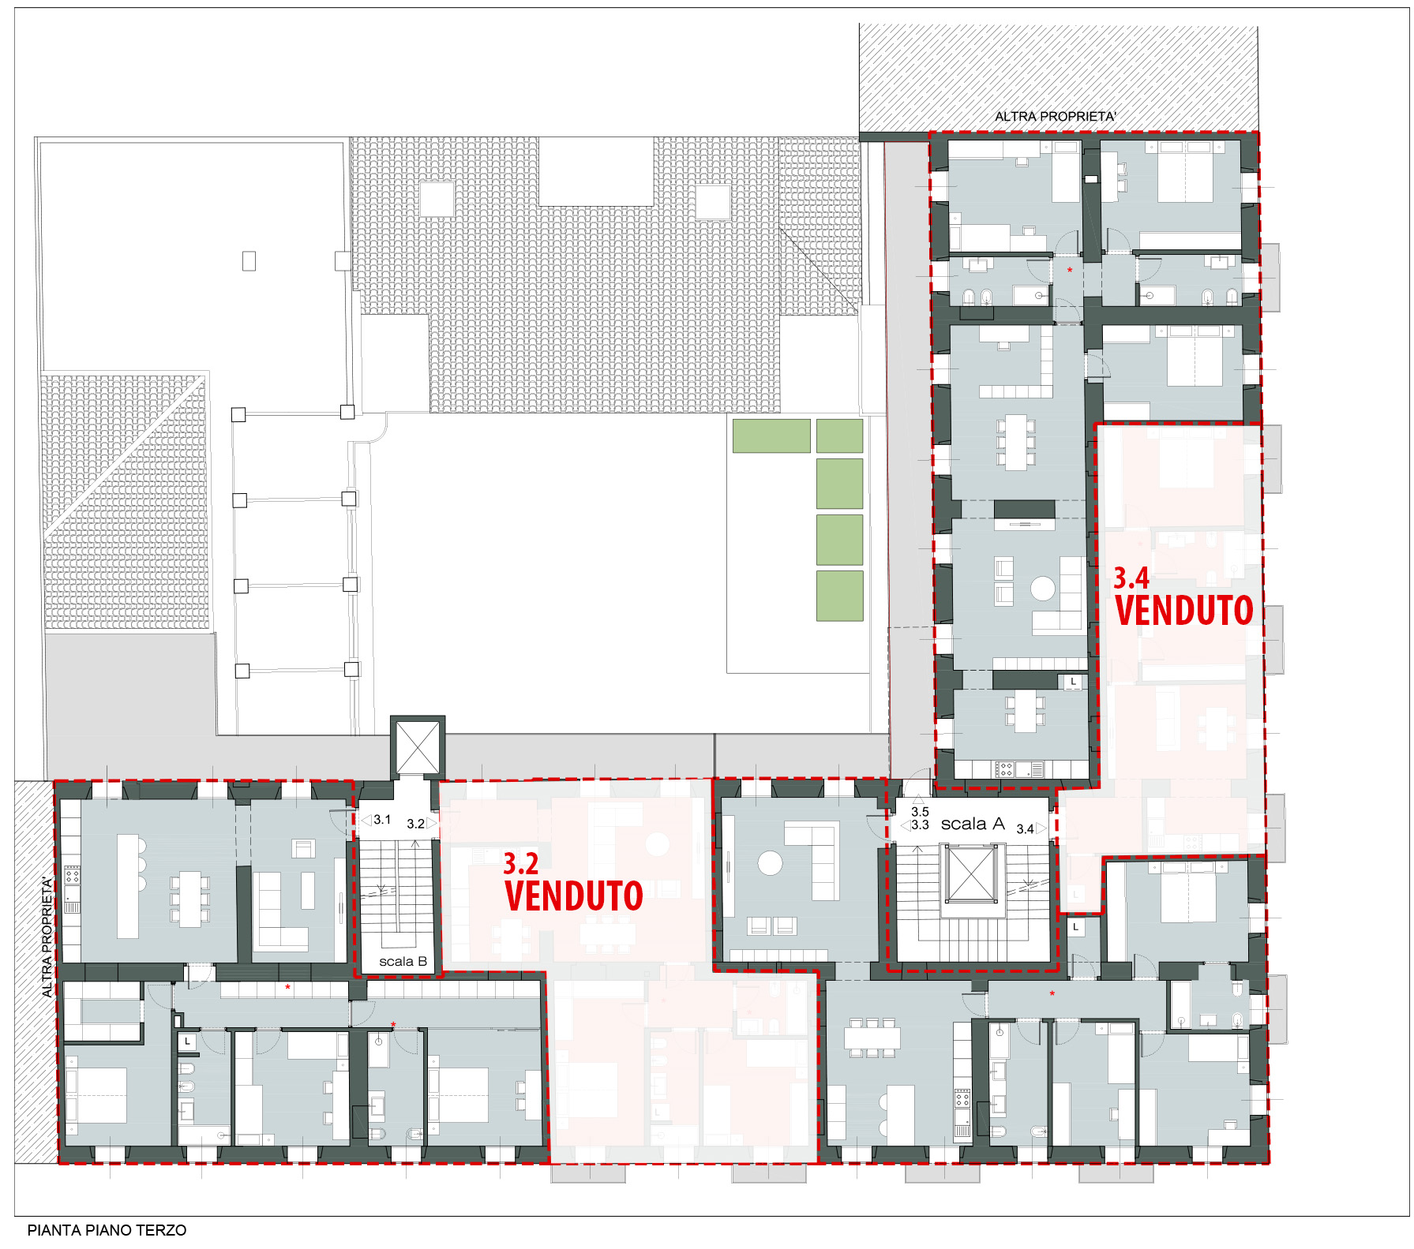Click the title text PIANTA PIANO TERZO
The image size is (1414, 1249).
[107, 1230]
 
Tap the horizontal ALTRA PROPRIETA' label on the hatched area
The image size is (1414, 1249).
[1055, 117]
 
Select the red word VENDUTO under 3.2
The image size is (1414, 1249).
[574, 896]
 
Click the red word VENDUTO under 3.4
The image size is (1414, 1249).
[1184, 610]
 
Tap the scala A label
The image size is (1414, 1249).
[973, 824]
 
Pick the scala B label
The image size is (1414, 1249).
[403, 961]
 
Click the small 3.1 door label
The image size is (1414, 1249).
[382, 820]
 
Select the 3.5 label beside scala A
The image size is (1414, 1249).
[920, 811]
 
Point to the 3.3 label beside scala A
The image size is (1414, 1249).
[920, 825]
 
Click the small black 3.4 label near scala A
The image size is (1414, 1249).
[1025, 828]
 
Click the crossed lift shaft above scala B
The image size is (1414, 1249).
[418, 746]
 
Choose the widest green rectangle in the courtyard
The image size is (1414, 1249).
[771, 436]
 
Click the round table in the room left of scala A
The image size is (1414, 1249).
[770, 862]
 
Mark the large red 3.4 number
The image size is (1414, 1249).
[1131, 578]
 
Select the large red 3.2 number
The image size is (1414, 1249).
[521, 864]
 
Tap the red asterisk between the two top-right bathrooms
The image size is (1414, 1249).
[1070, 271]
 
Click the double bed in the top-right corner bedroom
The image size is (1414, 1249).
[1185, 172]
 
